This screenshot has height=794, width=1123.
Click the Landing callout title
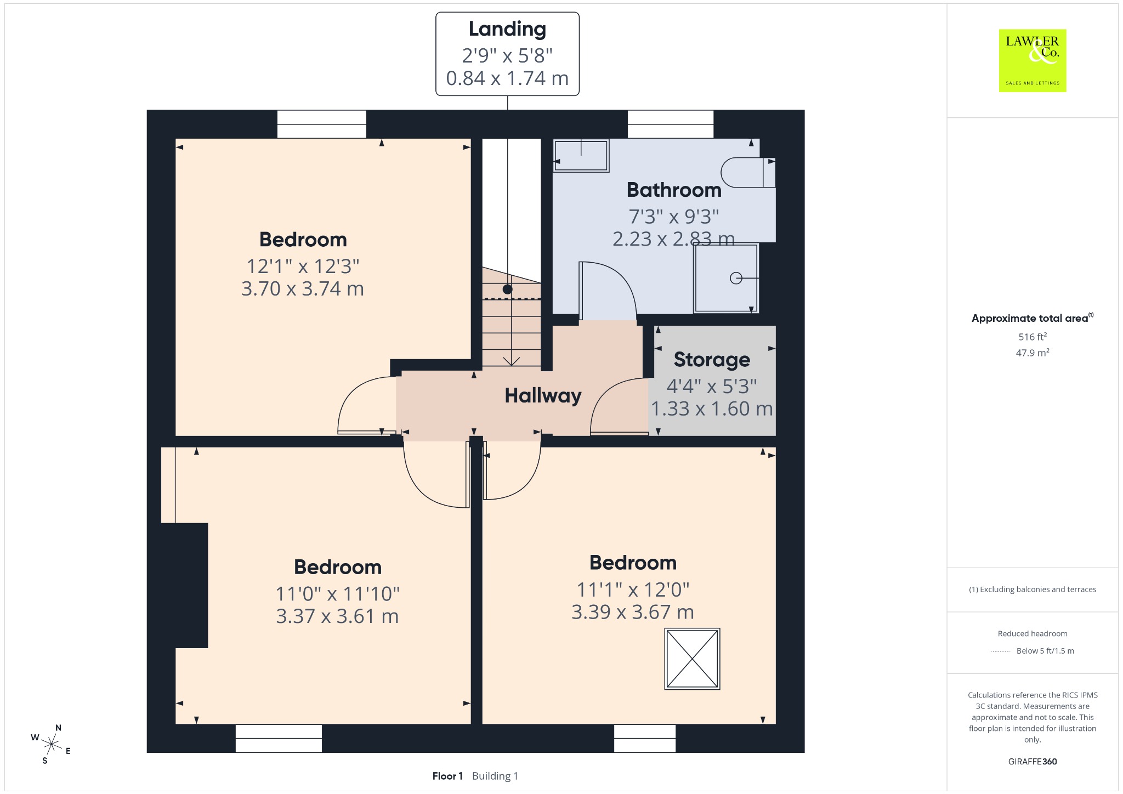[x=507, y=30]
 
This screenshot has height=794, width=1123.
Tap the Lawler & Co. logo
[x=1033, y=60]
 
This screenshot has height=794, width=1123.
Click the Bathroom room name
[x=674, y=190]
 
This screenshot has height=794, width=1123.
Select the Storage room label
[x=712, y=360]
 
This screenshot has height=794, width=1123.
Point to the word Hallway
[x=543, y=396]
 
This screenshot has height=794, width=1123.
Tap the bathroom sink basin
[x=581, y=156]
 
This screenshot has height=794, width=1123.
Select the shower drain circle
[x=736, y=279]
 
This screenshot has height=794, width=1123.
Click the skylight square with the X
[x=692, y=659]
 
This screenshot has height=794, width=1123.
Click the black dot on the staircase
[x=508, y=289]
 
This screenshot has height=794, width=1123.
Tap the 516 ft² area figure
[x=1033, y=337]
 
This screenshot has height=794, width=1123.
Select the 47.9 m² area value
[x=1033, y=353]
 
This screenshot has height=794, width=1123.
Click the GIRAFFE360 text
[x=1033, y=762]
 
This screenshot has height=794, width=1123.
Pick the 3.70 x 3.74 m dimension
[x=303, y=289]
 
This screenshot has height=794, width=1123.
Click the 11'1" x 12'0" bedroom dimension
[x=633, y=590]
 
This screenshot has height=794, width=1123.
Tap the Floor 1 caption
[x=447, y=776]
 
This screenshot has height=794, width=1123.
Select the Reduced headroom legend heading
[x=1033, y=634]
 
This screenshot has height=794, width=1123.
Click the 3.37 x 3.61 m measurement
[x=337, y=616]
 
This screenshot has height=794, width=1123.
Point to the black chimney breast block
[x=184, y=586]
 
